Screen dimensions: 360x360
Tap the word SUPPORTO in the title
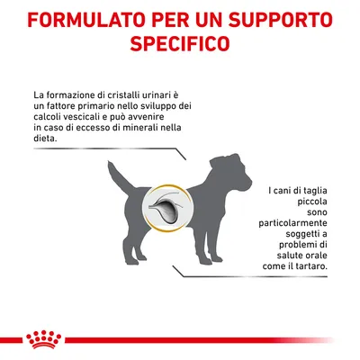(280, 20)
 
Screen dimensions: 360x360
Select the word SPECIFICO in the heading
(180, 43)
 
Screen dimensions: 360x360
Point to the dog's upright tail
(119, 176)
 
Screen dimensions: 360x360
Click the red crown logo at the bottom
(44, 339)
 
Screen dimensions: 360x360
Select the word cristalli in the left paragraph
(120, 95)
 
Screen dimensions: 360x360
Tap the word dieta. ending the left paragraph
(45, 139)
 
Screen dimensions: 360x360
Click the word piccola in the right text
(312, 202)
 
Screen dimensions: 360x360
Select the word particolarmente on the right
(292, 223)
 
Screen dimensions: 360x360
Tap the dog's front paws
(210, 258)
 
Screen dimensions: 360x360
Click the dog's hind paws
(136, 258)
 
